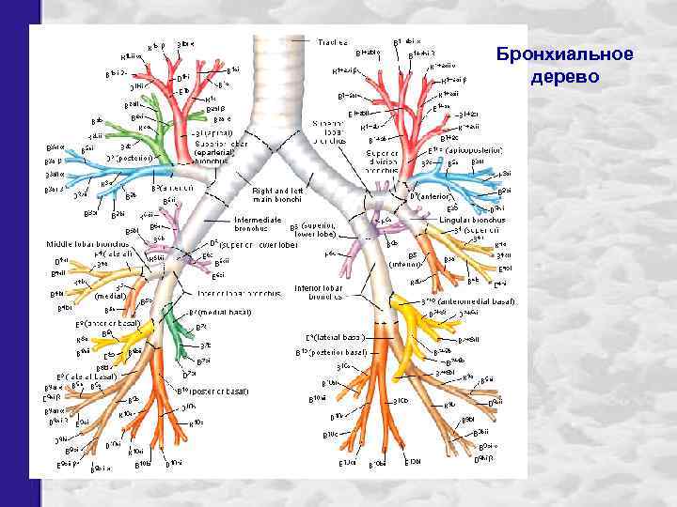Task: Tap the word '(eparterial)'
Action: [219, 152]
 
